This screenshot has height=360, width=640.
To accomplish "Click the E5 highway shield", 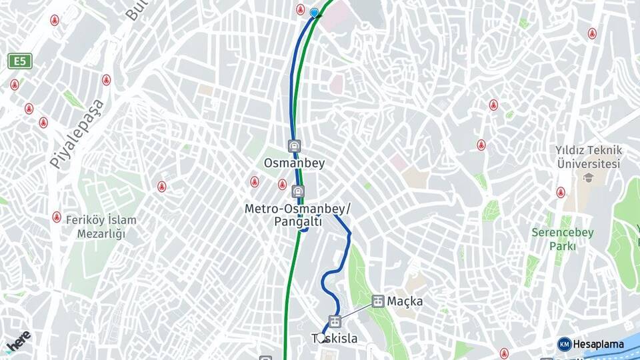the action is click(x=21, y=62).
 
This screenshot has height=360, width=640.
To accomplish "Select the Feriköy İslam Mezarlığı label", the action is click(x=101, y=227).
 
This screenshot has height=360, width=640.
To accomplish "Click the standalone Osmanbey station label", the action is click(x=294, y=163).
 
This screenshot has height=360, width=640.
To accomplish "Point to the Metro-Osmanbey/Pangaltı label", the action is click(x=297, y=215).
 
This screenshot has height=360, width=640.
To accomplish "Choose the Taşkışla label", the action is click(x=335, y=339).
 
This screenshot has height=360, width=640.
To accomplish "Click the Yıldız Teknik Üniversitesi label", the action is click(x=589, y=157).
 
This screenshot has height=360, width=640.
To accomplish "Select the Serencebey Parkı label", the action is click(x=553, y=239).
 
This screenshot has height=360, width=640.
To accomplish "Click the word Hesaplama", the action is click(x=599, y=344).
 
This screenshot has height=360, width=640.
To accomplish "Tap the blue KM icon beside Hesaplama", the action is click(x=564, y=344).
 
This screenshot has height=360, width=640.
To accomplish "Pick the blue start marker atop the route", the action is click(x=315, y=12).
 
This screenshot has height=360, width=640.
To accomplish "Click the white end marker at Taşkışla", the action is click(x=321, y=337).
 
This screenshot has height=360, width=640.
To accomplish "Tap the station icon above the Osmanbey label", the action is click(x=293, y=145).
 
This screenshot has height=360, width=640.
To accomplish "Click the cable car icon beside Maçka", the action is click(x=378, y=301).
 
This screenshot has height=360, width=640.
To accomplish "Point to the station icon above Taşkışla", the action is click(x=334, y=321).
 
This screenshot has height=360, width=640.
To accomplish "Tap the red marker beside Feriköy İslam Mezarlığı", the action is click(x=57, y=217).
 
